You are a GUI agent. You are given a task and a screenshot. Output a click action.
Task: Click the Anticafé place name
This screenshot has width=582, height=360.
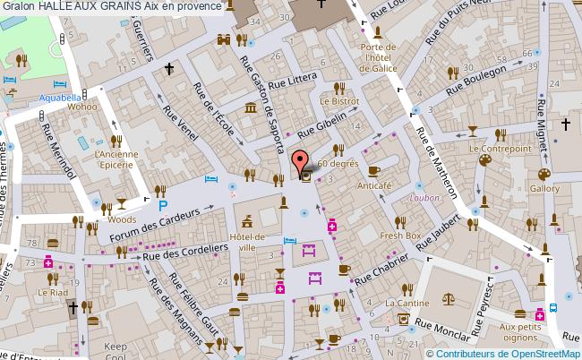376,185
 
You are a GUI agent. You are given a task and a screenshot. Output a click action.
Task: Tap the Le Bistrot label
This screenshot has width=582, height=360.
338,101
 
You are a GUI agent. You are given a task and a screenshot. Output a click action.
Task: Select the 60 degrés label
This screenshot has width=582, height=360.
338,164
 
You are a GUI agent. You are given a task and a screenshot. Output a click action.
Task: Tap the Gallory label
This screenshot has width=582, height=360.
544,189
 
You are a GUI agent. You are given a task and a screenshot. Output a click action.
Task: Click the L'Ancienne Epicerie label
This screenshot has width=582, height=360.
115,159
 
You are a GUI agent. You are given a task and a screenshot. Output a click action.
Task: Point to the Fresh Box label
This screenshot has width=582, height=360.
399,236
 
